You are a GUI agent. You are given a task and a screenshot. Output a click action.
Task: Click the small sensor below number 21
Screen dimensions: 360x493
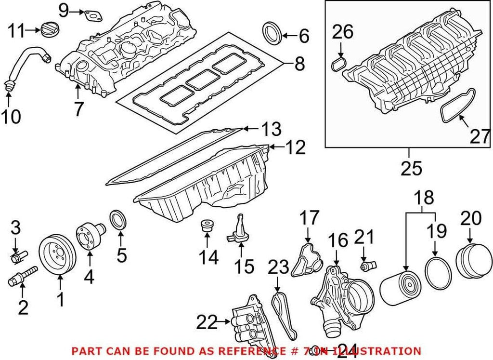368,265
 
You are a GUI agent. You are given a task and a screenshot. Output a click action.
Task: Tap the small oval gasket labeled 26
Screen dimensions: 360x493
340,64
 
